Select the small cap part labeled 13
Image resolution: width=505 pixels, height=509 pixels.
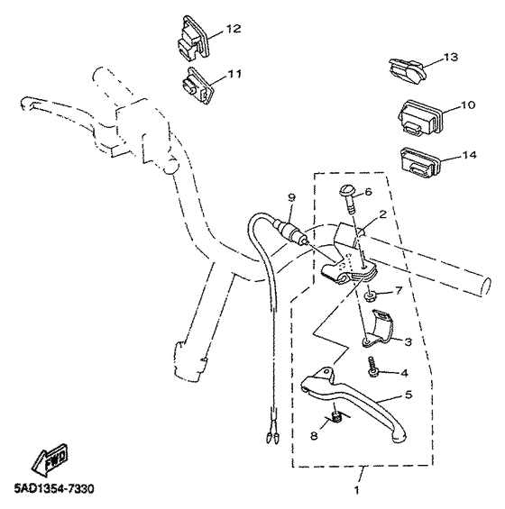point(405,68)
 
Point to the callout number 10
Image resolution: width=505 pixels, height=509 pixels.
point(467,105)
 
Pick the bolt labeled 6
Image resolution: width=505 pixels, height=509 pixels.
point(347,196)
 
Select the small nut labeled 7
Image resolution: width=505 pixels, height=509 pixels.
point(372,295)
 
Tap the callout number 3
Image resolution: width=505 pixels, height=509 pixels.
point(408,341)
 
